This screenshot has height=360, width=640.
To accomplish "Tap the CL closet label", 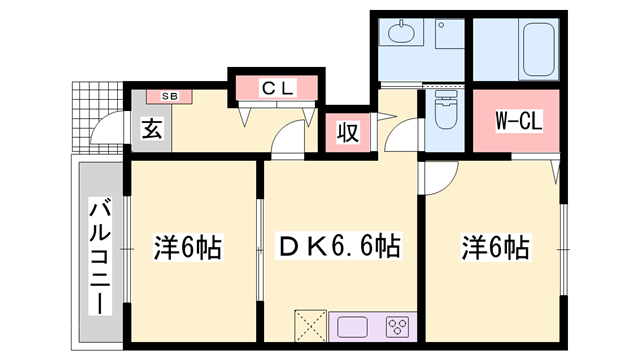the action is coord(276,88).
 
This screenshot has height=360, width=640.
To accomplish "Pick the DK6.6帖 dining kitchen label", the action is coord(338,245).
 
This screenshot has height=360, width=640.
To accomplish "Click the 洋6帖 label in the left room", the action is coord(188,245).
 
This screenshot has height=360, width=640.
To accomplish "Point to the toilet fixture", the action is coord(447,115).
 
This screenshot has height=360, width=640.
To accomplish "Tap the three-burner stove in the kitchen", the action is coord(397,327).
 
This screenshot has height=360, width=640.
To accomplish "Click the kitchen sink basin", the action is coord(354,327).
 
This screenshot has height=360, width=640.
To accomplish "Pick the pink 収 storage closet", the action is coord(346,131).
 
